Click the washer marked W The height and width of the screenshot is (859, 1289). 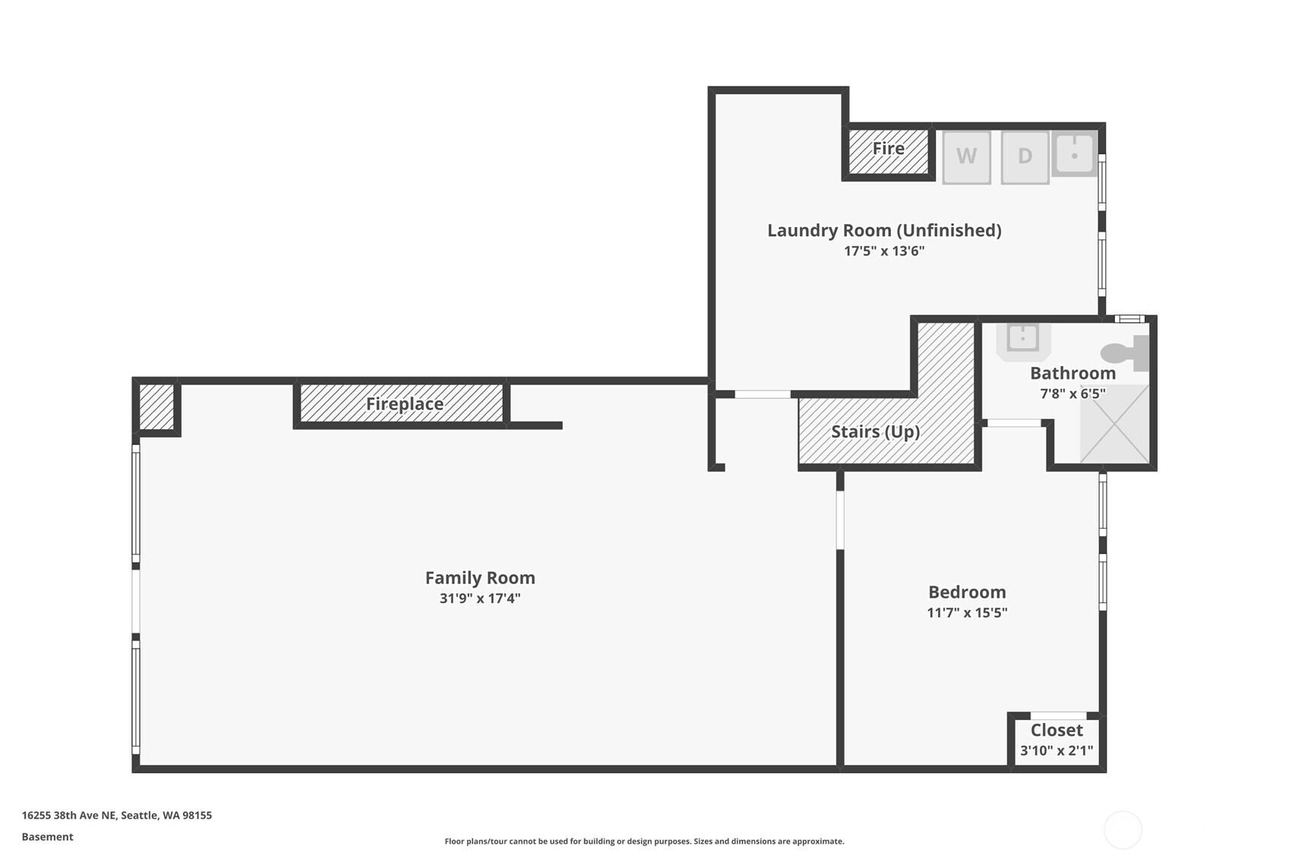pos(966,157)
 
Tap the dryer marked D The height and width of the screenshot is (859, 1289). pos(1025,157)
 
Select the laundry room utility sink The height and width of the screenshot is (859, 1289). pos(1074,154)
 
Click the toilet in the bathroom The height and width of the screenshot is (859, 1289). pos(1123,353)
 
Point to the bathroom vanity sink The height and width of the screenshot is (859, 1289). pos(1023,338)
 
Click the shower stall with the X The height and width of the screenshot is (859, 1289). pos(1114,424)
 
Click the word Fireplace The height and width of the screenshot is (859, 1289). pos(404,404)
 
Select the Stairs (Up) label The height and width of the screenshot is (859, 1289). pos(875,432)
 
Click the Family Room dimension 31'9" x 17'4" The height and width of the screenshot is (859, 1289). pos(479,598)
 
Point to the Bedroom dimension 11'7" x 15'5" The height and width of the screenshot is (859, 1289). pos(966,613)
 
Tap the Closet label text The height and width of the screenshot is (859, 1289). pos(1056,731)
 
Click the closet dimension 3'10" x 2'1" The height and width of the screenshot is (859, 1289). pos(1056,751)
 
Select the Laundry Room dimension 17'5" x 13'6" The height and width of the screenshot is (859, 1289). pos(883,251)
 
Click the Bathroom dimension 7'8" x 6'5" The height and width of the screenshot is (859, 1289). pos(1072,393)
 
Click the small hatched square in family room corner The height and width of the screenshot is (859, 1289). pos(156,407)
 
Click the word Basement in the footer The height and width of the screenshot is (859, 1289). pos(47,837)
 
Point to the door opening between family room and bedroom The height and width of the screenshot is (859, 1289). pos(840,520)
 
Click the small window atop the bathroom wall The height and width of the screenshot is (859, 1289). pos(1129,319)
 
